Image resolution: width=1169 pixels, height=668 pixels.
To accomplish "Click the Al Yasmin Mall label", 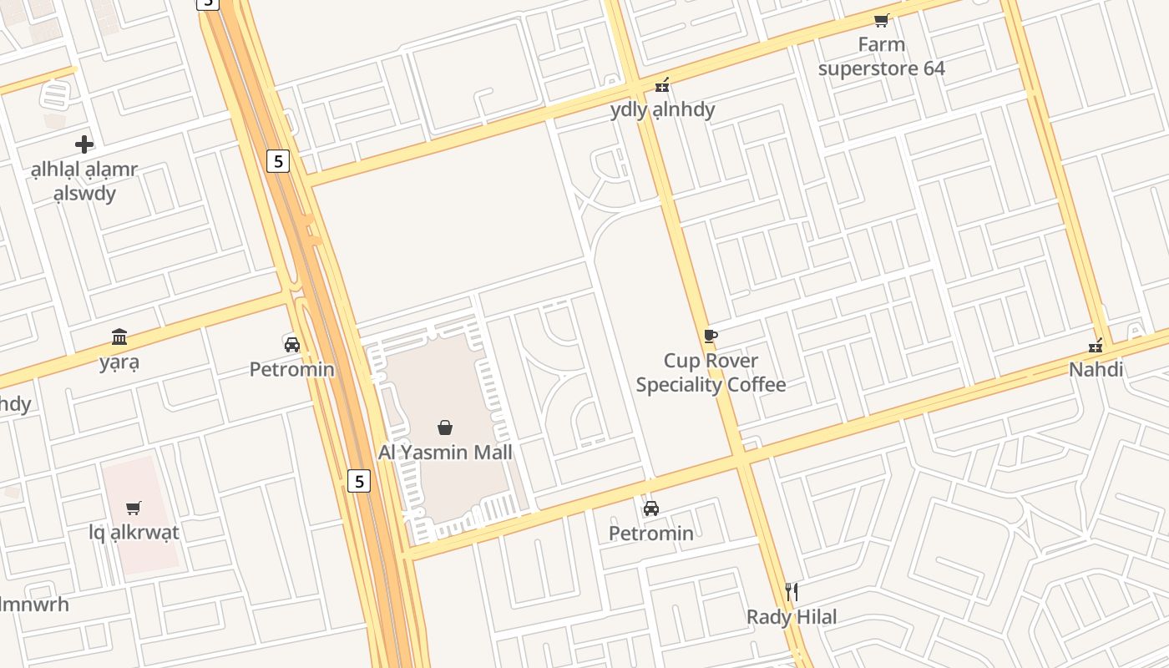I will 445,452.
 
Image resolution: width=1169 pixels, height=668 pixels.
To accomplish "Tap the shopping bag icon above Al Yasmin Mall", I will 445,428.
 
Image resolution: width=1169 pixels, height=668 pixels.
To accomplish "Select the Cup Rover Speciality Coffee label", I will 711,372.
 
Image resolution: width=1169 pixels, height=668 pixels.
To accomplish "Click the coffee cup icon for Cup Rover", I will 710,336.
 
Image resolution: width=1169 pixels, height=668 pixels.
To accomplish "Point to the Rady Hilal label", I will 791,617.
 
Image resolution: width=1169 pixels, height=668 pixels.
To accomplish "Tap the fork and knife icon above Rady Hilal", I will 792,592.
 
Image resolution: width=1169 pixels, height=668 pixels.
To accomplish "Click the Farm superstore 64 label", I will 881,56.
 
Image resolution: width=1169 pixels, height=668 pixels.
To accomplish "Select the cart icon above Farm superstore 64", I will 881,20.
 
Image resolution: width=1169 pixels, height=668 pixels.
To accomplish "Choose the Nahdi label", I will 1096,369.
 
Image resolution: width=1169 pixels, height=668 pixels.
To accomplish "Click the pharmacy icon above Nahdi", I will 1096,345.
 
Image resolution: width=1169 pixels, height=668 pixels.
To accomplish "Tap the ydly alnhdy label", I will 662,109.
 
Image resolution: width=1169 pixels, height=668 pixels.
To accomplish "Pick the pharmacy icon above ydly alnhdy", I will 662,84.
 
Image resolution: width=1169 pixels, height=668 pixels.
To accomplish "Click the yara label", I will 119,362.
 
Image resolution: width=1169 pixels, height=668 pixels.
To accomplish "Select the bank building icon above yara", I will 119,337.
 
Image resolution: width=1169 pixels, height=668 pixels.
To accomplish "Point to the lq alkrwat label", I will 134,532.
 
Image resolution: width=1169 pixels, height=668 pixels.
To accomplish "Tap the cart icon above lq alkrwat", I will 134,508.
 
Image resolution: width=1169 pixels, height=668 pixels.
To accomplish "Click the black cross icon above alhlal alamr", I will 83,144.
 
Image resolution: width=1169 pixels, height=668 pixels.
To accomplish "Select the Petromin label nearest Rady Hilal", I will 650,533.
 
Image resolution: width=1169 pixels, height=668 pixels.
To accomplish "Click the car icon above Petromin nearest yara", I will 292,344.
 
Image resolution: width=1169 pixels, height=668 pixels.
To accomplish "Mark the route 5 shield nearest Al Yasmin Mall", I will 359,481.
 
